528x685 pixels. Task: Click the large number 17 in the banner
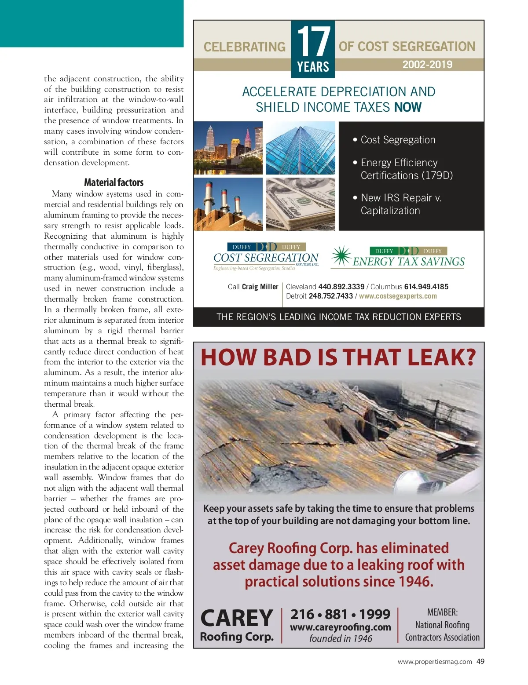point(313,41)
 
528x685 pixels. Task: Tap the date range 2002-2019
point(427,65)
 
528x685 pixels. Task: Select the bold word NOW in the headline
point(408,107)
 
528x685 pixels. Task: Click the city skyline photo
point(228,148)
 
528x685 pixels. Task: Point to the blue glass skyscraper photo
point(301,148)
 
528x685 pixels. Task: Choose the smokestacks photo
point(228,204)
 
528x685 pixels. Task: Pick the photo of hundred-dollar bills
point(301,204)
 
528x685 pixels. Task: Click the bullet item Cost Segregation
point(398,140)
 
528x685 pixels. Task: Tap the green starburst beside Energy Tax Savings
point(341,256)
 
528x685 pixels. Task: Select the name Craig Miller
point(260,287)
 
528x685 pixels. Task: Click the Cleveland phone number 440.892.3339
point(341,287)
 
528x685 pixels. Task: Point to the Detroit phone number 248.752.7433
point(330,296)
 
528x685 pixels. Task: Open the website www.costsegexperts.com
point(398,296)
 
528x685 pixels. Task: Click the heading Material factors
point(114,182)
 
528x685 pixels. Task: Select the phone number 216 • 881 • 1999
point(340,614)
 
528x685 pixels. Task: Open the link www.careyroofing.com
point(340,627)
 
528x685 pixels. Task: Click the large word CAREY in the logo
point(237,618)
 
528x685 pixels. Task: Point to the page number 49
point(480,662)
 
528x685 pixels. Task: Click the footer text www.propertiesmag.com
point(435,662)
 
